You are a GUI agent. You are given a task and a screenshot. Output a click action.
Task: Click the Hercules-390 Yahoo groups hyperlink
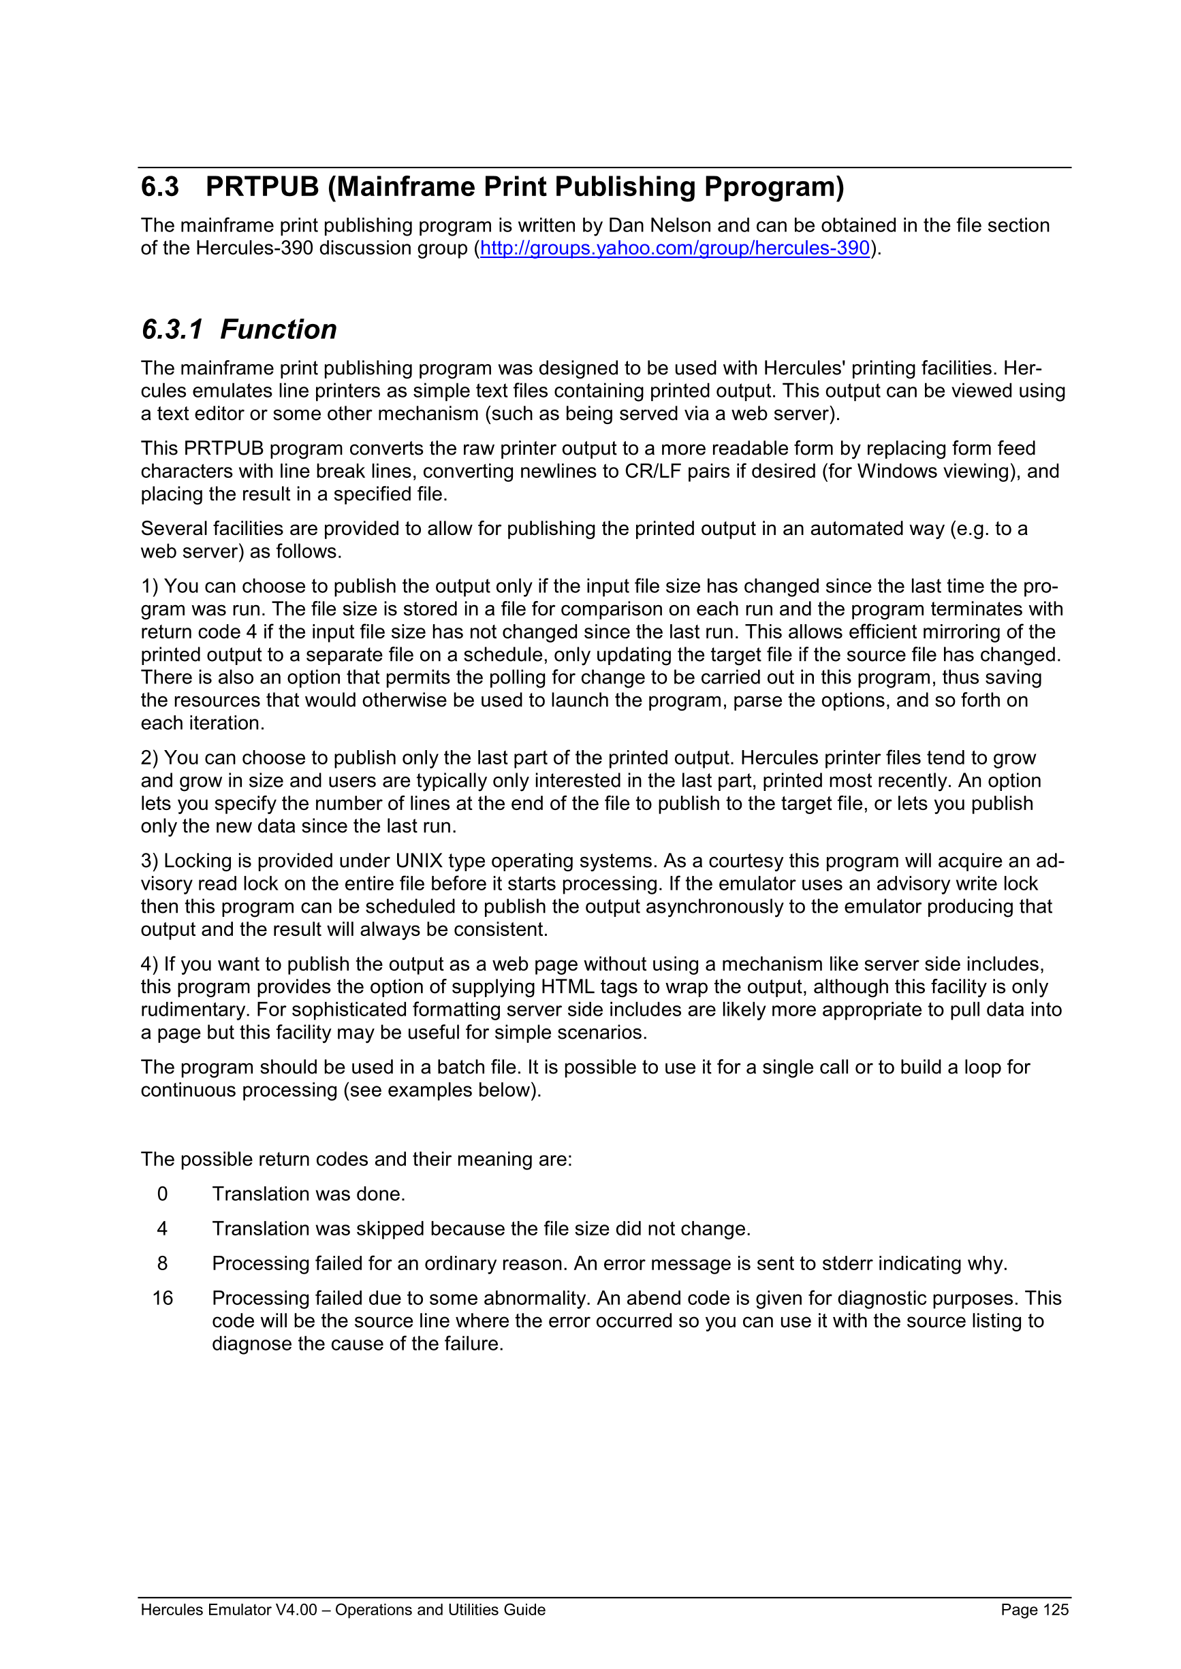pos(674,248)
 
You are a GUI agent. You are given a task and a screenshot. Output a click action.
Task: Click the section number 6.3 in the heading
pos(160,187)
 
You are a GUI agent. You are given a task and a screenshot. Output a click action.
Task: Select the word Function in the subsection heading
pos(279,329)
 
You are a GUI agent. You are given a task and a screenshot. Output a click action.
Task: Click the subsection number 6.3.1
pos(172,329)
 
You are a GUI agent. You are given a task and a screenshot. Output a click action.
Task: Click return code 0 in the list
pos(162,1194)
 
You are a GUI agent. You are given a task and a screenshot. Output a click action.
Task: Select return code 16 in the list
pos(162,1297)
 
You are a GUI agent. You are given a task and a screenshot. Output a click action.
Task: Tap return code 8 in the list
pos(162,1263)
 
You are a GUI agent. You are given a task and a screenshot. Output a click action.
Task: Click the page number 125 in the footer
pos(1055,1609)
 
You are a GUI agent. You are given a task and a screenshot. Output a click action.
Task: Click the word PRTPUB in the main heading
pos(262,187)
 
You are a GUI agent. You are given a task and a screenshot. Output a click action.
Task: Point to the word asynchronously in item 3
pos(716,907)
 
